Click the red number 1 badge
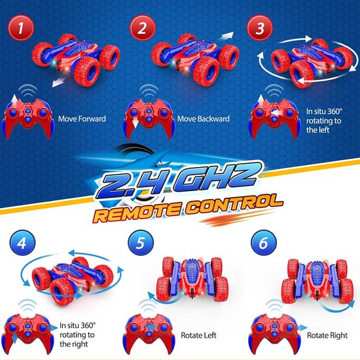tap(21, 27)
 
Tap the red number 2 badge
tap(142, 27)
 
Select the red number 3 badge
tap(260, 27)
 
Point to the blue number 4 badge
tap(22, 243)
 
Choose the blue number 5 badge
tap(141, 243)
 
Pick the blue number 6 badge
tap(264, 243)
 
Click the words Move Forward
tap(82, 118)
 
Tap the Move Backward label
tap(204, 118)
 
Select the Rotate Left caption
tap(198, 335)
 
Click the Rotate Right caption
tap(327, 335)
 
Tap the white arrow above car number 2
tap(226, 35)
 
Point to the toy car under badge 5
tap(192, 278)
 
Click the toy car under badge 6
tap(317, 281)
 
